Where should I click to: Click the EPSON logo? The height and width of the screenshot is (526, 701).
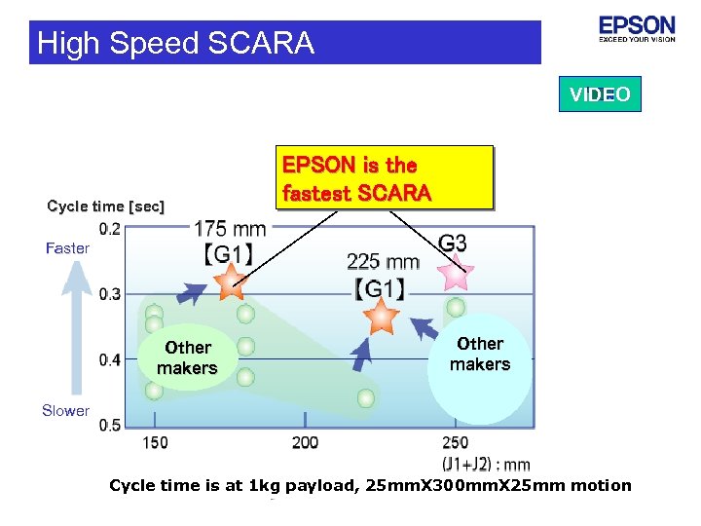pos(637,29)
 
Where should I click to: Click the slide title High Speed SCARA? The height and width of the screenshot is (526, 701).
pos(175,43)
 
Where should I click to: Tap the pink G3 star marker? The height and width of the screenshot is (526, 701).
pos(456,275)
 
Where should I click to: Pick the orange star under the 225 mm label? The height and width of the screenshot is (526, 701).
pos(381,316)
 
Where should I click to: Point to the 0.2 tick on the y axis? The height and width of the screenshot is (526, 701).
pos(110,230)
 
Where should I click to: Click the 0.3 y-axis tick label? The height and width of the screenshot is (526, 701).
pos(110,294)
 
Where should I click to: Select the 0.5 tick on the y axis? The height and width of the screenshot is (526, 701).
pos(110,425)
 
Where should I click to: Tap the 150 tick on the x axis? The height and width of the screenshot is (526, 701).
pos(155,443)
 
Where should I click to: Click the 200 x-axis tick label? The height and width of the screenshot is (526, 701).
pos(305,443)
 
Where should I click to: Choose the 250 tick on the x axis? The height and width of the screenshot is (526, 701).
pos(455,443)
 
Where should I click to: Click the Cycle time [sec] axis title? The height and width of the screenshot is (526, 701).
pos(106,207)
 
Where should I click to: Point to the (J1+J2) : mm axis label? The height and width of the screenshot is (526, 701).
pos(486,465)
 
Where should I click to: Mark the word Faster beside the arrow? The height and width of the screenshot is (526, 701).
pos(67,248)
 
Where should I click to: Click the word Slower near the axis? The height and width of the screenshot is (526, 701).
pos(65,411)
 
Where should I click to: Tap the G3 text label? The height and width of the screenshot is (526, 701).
pos(453,244)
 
